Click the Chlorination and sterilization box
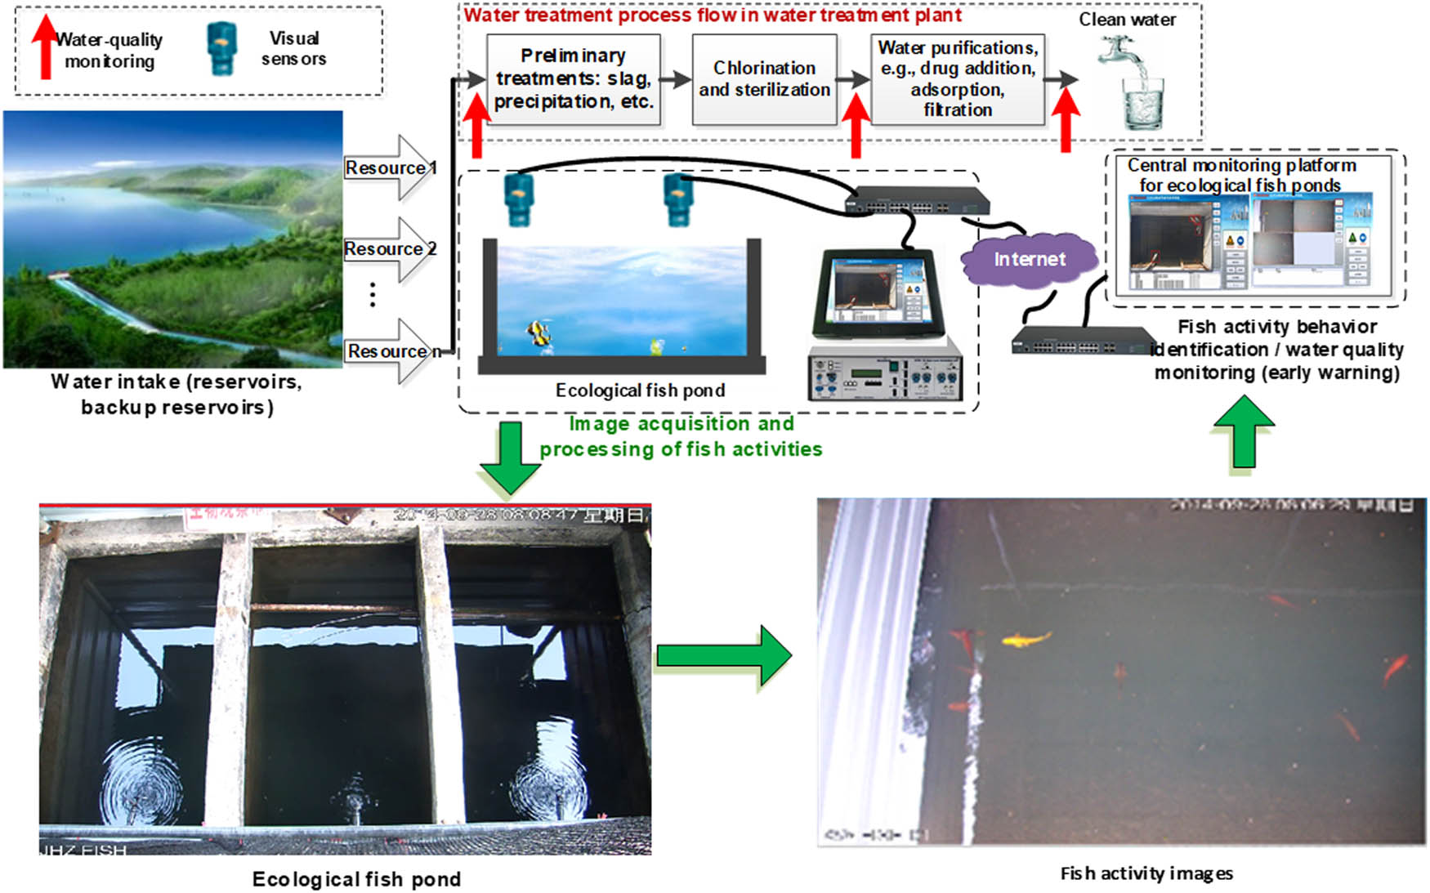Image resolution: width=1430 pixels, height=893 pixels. (764, 79)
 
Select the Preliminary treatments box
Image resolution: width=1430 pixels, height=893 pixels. (573, 79)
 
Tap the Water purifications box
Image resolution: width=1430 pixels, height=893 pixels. (958, 79)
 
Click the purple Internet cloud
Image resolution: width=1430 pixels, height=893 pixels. (1029, 260)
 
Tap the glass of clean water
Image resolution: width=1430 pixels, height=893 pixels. (1142, 101)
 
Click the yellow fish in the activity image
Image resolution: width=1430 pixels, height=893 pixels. (1026, 639)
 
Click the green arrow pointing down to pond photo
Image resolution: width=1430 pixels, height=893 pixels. (510, 458)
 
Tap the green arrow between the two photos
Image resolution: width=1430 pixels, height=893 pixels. (724, 655)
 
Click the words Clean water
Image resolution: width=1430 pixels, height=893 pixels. (1127, 20)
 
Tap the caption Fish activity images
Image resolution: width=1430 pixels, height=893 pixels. (1146, 873)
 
